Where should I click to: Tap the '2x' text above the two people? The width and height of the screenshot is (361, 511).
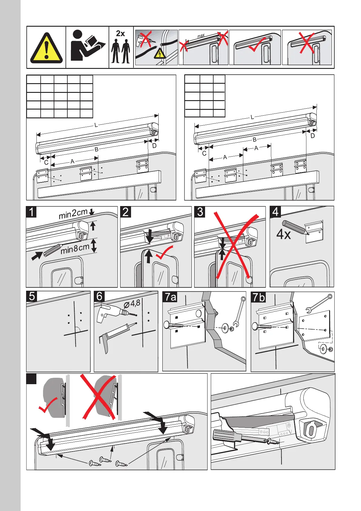point(120,33)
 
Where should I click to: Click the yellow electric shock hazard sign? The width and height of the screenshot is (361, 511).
point(160,54)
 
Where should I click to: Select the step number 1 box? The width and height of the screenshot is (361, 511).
point(32,212)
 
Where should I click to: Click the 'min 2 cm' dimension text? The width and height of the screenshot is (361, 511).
point(73,214)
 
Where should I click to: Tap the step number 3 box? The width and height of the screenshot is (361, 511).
point(200,212)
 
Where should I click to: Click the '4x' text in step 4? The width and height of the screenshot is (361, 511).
point(284,234)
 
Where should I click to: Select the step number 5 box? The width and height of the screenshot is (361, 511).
point(32,296)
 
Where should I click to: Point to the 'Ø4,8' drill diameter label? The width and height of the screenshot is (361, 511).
point(132,303)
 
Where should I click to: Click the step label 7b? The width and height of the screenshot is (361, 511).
point(259,297)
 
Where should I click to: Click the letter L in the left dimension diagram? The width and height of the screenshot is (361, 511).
point(96,125)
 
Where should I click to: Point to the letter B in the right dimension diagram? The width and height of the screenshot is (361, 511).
point(255,140)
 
